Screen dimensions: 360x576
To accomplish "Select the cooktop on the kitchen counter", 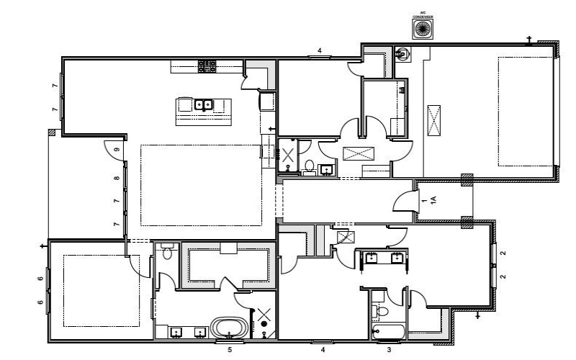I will pyautogui.click(x=207, y=66).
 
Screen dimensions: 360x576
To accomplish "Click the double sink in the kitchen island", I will pyautogui.click(x=203, y=105).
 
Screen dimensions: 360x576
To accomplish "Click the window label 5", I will pyautogui.click(x=230, y=350).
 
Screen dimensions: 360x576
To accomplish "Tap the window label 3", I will pyautogui.click(x=390, y=350).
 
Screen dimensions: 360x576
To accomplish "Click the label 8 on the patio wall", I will pyautogui.click(x=116, y=178).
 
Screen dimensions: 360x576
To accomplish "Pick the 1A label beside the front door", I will pyautogui.click(x=433, y=201).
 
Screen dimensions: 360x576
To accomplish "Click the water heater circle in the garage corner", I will pyautogui.click(x=403, y=53).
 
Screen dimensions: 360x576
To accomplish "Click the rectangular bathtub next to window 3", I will pyautogui.click(x=387, y=332).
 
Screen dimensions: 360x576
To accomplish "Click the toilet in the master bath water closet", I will pyautogui.click(x=167, y=253).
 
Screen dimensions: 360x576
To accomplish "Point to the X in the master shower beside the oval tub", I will pyautogui.click(x=264, y=314).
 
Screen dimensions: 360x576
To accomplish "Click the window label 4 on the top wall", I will pyautogui.click(x=320, y=50).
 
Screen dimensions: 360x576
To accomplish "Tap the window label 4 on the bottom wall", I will pyautogui.click(x=322, y=350).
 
